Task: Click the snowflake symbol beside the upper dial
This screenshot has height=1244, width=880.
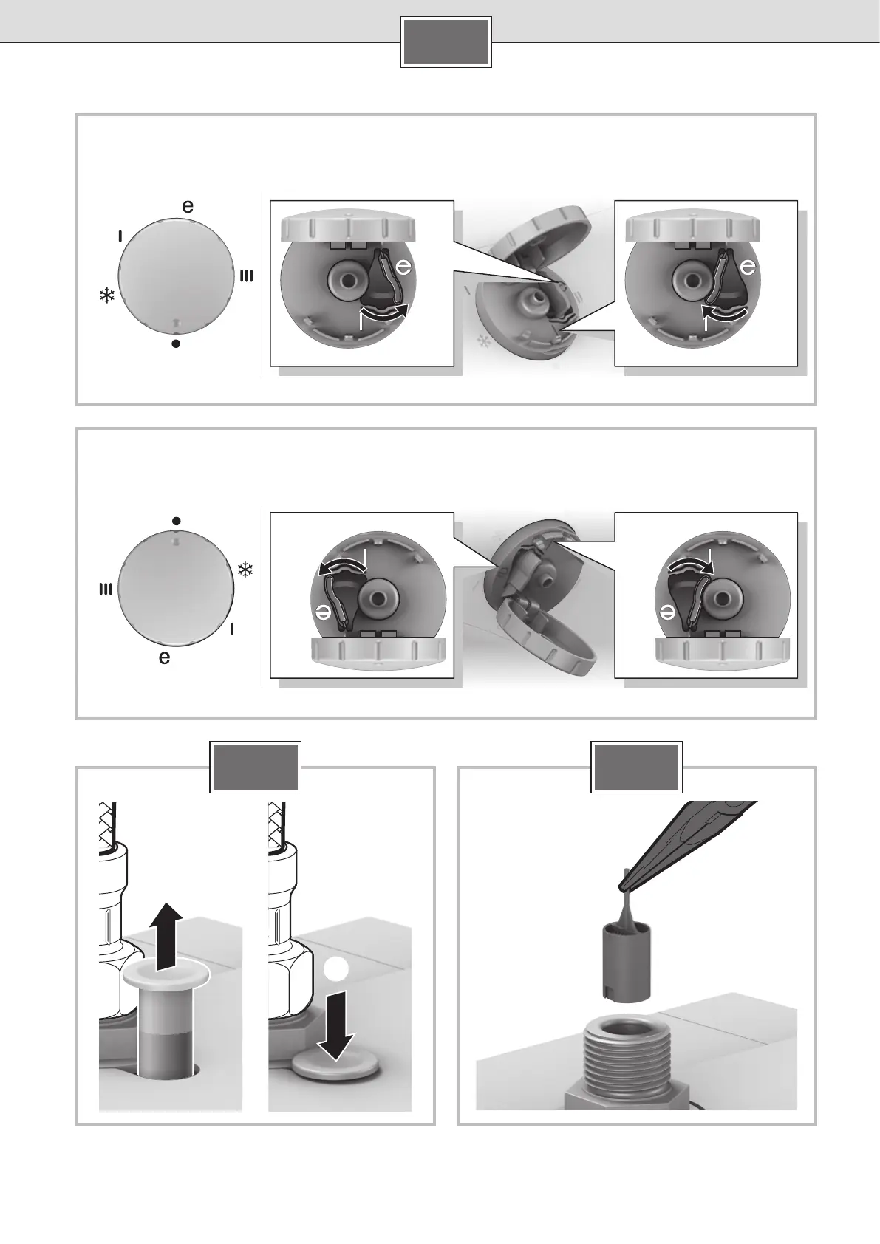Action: (x=106, y=295)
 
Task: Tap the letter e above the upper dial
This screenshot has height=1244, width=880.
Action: (x=188, y=206)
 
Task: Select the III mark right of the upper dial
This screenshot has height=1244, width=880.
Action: (x=247, y=276)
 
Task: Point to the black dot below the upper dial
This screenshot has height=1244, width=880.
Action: (x=176, y=344)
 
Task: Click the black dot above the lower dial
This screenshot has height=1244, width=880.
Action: (x=176, y=521)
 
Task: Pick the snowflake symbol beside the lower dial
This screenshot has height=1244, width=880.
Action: (x=245, y=570)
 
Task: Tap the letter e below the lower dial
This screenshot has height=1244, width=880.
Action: (x=165, y=657)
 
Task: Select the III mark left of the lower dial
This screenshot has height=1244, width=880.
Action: (x=106, y=589)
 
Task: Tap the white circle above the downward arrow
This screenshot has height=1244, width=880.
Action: (x=336, y=969)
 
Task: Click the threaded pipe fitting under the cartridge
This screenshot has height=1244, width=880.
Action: (x=631, y=1065)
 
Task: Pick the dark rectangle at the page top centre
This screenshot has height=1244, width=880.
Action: (x=446, y=41)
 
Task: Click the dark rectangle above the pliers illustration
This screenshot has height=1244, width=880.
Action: (x=636, y=767)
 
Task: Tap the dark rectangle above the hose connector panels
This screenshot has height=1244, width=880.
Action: (x=255, y=767)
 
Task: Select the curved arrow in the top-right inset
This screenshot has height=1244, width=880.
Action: (x=726, y=312)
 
